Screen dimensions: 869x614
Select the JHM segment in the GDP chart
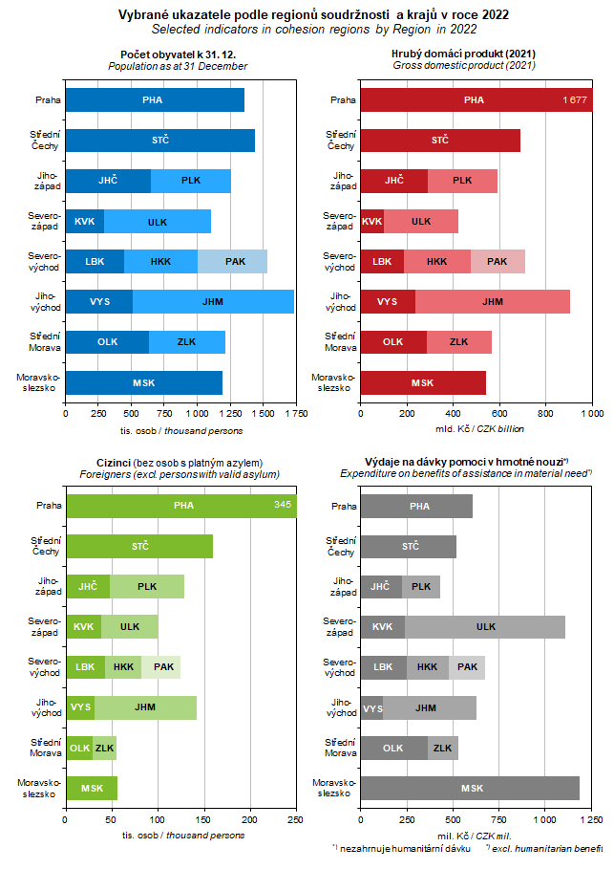493,302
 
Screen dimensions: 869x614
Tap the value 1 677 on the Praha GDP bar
574,100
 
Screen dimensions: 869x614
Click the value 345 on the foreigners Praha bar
283,505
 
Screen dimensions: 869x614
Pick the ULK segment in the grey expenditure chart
485,626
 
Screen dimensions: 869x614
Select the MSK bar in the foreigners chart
92,788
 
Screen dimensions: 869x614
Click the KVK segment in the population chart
84,221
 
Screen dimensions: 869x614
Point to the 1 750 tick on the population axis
294,414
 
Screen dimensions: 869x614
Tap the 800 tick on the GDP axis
546,414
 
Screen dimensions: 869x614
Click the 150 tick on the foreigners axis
158,820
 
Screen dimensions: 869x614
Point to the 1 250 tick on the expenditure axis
590,820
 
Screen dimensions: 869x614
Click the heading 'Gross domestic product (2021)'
464,66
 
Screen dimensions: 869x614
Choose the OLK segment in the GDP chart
392,341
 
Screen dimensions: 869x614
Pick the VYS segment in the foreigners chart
80,707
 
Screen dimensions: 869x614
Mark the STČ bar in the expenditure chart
409,546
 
